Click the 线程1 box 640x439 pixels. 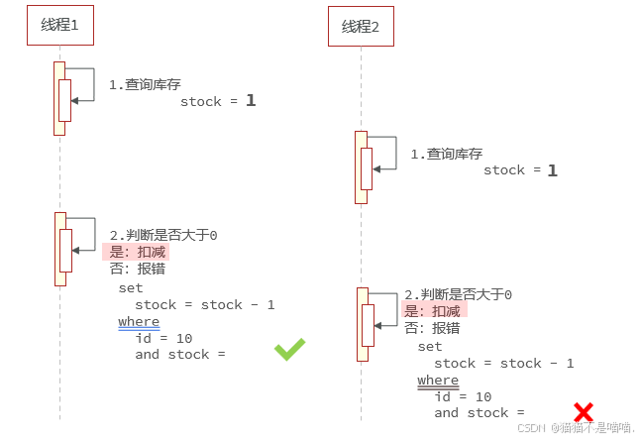click(59, 26)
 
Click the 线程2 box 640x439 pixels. click(361, 27)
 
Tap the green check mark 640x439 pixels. click(289, 349)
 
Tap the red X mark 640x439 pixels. click(584, 412)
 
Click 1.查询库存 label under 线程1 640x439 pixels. click(145, 85)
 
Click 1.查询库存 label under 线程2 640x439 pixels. click(447, 155)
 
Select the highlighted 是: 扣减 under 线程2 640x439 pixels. click(434, 311)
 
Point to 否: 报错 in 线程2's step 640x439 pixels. click(432, 328)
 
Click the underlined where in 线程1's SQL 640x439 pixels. click(139, 322)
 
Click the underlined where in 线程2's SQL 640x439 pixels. click(438, 381)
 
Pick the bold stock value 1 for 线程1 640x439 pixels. click(251, 101)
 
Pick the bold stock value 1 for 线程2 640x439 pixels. click(553, 170)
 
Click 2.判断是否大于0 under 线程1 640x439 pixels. click(163, 236)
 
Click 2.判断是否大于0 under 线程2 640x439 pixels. click(459, 295)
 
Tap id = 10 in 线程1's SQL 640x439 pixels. click(164, 338)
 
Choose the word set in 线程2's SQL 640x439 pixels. click(430, 347)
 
